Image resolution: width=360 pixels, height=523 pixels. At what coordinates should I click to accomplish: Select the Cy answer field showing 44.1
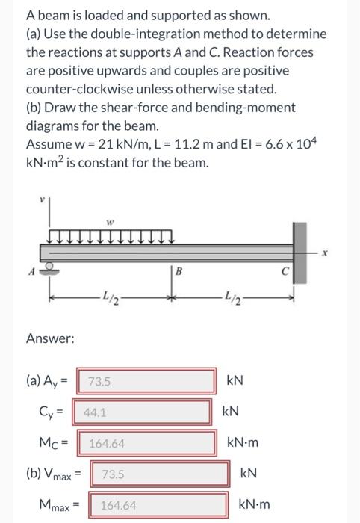[x=142, y=411]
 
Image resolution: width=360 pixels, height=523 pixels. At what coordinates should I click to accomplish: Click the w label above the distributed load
[x=109, y=220]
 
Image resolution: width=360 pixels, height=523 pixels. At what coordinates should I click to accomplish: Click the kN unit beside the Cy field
[x=231, y=411]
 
